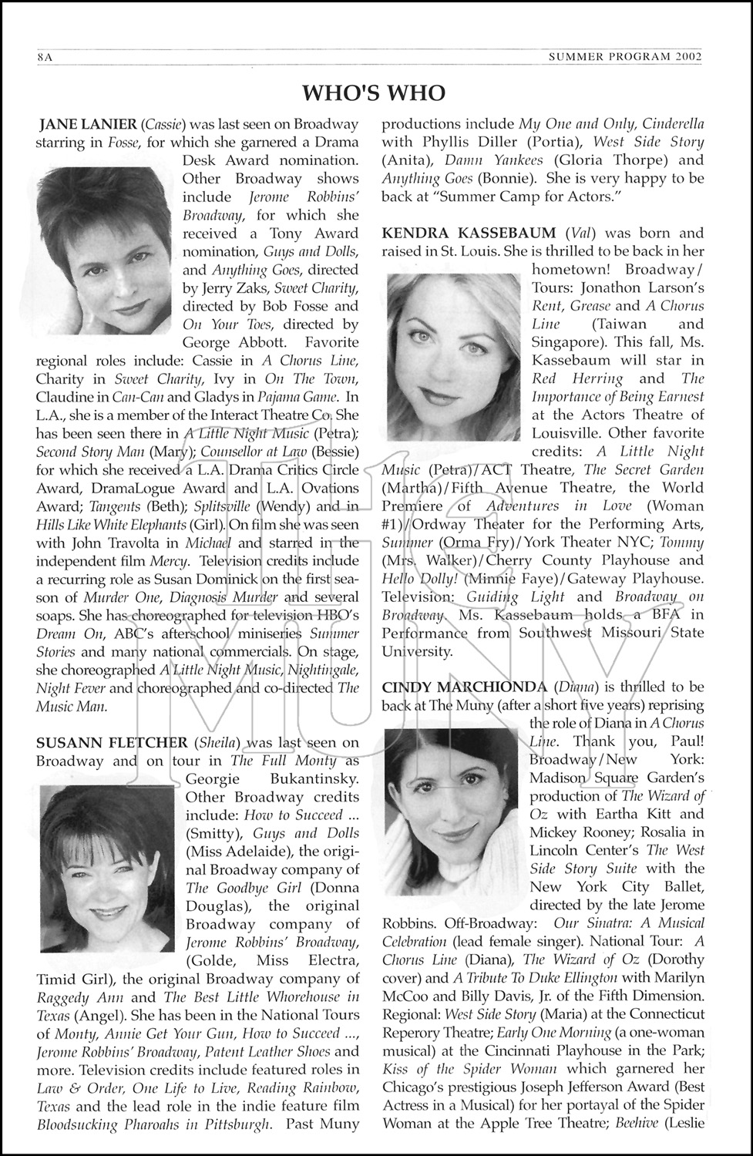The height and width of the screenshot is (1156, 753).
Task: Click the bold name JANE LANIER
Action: tap(88, 124)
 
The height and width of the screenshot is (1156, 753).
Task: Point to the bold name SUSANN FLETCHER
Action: tap(112, 742)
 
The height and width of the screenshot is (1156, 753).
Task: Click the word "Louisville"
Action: tap(569, 433)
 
